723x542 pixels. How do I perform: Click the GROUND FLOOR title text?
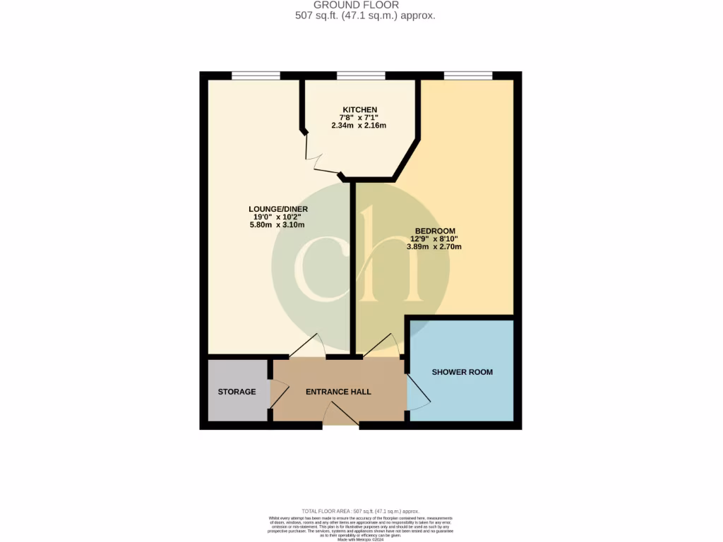point(361,5)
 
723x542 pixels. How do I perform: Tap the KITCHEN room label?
point(359,109)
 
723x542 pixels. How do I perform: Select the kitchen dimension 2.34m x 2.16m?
point(359,126)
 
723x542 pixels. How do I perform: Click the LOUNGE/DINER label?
point(277,209)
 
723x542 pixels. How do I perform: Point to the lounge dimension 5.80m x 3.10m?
point(277,225)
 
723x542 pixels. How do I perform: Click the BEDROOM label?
point(434,231)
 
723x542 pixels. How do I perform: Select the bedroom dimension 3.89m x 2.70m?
point(434,247)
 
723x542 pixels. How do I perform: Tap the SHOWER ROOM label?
point(462,372)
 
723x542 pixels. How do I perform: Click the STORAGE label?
point(237,392)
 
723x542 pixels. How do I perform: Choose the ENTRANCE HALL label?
point(337,392)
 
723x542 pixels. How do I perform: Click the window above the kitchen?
point(361,76)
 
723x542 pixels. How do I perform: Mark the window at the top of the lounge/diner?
point(256,76)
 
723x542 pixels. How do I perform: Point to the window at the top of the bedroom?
point(467,76)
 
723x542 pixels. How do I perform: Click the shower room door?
point(418,392)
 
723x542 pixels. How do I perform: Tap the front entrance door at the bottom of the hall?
point(340,419)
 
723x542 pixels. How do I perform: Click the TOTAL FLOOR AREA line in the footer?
point(361,511)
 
